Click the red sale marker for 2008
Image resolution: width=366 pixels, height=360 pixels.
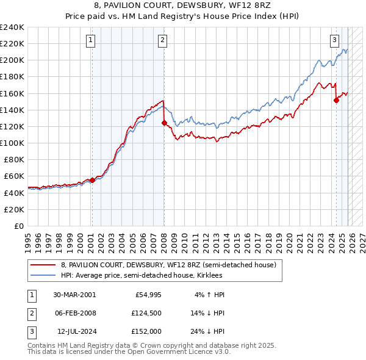[x=164, y=123]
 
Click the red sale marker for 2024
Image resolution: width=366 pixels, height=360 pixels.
[x=336, y=101]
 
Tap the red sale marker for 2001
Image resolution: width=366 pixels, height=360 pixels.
[x=92, y=180]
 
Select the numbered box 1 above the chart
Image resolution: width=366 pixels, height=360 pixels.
[x=90, y=41]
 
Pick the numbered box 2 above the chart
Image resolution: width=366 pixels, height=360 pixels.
[x=163, y=41]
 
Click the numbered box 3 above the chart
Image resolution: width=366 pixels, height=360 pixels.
[x=335, y=41]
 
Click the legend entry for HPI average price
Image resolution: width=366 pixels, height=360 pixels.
[x=145, y=275]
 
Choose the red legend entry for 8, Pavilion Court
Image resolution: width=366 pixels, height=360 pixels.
[x=168, y=265]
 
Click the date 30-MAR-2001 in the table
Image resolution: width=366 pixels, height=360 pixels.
[x=74, y=295]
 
